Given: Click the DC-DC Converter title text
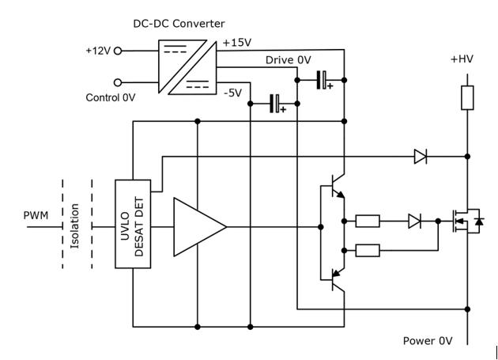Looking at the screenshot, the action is (x=179, y=24).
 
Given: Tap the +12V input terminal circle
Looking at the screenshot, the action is (x=118, y=51).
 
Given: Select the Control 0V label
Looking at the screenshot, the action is (x=111, y=97).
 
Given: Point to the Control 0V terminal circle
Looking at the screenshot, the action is (x=118, y=83).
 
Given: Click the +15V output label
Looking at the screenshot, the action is (x=237, y=43).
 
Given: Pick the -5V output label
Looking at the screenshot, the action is (x=233, y=93).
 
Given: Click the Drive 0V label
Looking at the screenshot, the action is (x=288, y=60).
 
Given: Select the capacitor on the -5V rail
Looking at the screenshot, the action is (x=277, y=104).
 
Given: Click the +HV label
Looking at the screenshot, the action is (x=462, y=59).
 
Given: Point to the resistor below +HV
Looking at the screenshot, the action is (x=467, y=97).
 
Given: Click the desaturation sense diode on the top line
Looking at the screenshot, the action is (x=421, y=157).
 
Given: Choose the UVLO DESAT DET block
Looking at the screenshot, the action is (x=133, y=224).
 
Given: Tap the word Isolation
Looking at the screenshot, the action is (x=74, y=225).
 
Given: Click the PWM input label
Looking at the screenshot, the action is (x=36, y=215).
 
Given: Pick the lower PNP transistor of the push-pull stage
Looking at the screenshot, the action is (x=334, y=279).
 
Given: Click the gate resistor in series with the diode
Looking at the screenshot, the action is (x=368, y=221).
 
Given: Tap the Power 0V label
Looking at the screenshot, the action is (x=428, y=341).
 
